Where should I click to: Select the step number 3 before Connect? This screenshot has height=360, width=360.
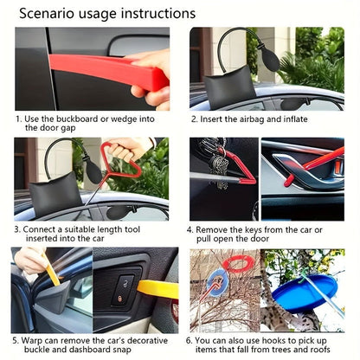[16, 229]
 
